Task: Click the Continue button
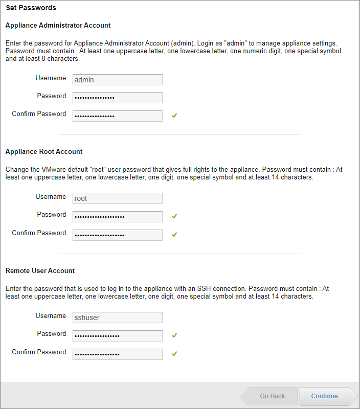pos(325,396)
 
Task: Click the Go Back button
pos(272,396)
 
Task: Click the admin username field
pos(118,80)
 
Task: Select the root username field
pos(118,198)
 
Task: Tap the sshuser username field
pos(118,317)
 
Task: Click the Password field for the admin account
pos(118,98)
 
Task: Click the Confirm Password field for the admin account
pos(118,116)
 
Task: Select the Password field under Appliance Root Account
pos(118,217)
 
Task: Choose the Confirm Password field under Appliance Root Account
pos(118,235)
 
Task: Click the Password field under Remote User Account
pos(118,336)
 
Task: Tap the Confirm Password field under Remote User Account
pos(118,354)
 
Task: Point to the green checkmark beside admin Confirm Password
pos(174,116)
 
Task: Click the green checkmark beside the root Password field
pos(174,216)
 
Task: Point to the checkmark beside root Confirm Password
pos(174,235)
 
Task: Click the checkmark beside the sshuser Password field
pos(174,335)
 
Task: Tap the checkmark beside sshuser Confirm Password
pos(174,354)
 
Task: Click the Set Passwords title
pos(31,8)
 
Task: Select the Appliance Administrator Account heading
pos(58,25)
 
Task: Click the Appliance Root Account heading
pos(44,152)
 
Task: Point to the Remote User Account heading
pos(40,271)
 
